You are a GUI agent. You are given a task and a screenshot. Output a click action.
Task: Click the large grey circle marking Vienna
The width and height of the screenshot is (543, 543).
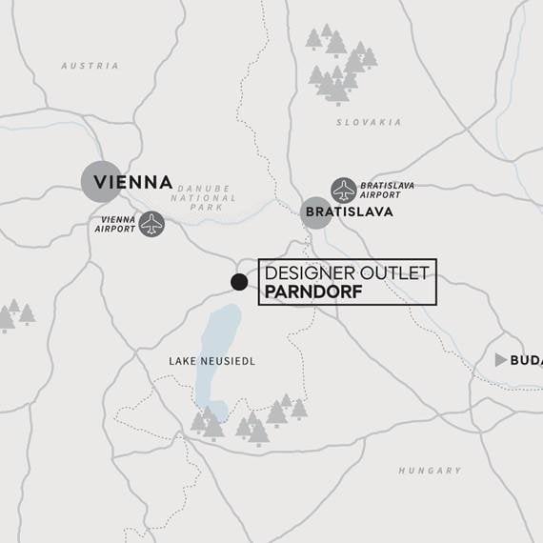[x=101, y=181]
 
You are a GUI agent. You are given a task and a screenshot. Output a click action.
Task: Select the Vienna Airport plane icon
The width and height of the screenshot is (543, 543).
[x=151, y=224]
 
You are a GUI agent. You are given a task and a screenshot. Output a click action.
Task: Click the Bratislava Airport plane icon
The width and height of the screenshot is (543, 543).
[x=343, y=190]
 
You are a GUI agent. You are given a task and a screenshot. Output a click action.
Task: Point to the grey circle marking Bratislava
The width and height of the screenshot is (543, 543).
[x=316, y=212]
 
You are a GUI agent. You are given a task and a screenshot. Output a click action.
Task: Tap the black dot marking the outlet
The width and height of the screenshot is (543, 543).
[x=239, y=282]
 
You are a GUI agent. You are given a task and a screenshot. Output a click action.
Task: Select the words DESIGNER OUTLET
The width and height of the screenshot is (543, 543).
[x=347, y=273]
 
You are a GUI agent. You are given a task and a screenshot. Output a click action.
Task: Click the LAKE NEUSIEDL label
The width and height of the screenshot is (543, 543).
[x=211, y=361]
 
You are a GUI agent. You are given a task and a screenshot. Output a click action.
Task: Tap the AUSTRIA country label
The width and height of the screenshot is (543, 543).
[x=90, y=66]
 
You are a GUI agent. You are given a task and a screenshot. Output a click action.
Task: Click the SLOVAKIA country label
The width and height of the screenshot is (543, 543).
[x=369, y=122]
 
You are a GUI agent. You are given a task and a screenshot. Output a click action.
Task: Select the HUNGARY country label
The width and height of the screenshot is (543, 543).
[x=430, y=471]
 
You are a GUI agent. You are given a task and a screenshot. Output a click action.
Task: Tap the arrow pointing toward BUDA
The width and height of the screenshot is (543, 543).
[x=501, y=360]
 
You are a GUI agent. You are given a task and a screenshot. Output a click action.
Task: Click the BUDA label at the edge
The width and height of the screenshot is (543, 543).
[x=526, y=360]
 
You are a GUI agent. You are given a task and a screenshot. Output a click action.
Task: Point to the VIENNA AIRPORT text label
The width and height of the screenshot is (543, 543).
[x=114, y=224]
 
